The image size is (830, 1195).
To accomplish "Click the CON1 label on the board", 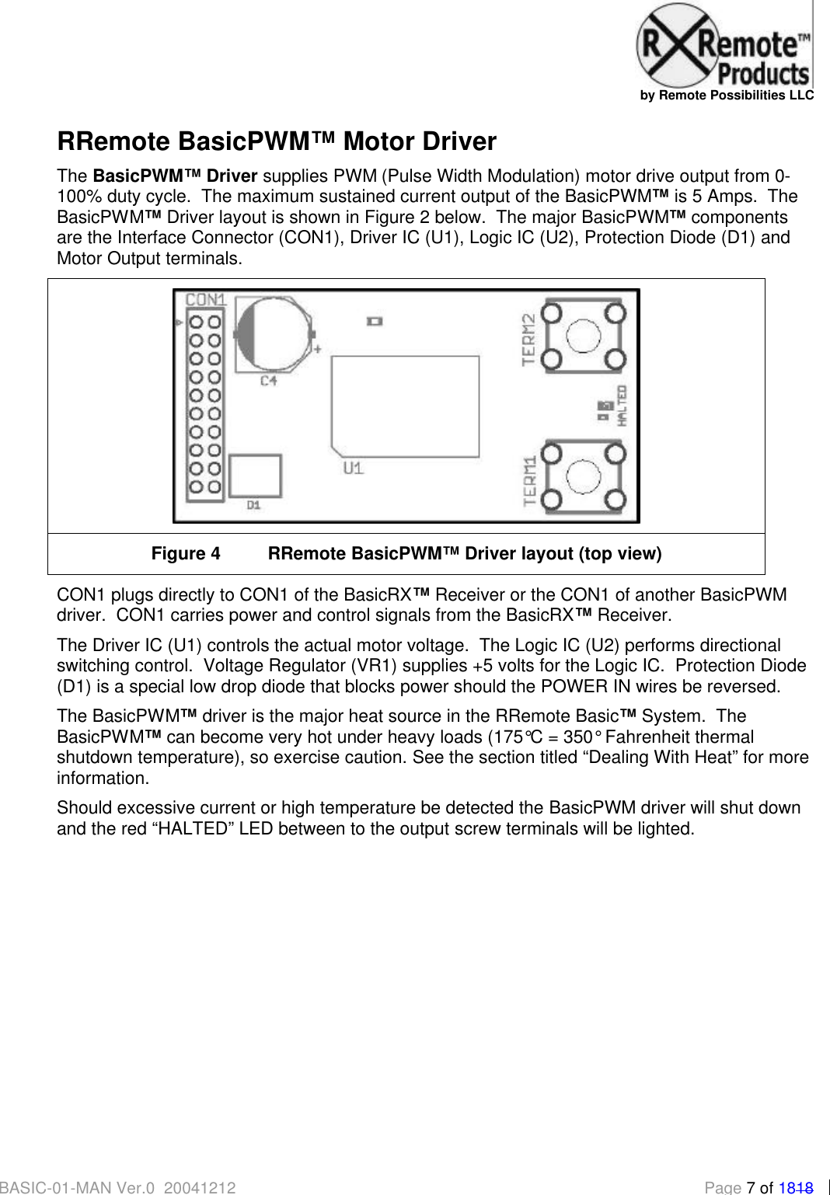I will (x=206, y=299).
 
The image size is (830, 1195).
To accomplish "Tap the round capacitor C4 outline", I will (x=274, y=333).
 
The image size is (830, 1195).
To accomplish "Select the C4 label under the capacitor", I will (x=269, y=381).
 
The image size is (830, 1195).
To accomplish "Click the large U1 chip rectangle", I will (x=405, y=406).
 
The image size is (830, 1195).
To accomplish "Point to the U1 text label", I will (x=354, y=468).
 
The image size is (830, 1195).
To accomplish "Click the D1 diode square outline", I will (x=255, y=476).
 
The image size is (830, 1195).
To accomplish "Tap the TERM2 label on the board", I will (x=529, y=340).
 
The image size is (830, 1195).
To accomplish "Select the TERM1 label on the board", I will (x=530, y=481).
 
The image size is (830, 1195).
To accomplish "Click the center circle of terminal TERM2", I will (x=584, y=336).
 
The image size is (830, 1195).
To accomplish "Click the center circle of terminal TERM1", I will (x=584, y=476).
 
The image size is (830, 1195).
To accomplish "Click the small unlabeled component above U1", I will (x=375, y=320).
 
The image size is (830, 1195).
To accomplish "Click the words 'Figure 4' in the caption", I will (x=186, y=553).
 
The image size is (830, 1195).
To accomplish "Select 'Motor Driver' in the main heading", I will (x=420, y=141).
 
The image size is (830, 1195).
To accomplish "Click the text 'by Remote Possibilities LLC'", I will (x=727, y=96).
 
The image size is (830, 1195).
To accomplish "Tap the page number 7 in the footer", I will (x=751, y=1187).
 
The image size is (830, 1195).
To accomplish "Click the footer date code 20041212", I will (x=200, y=1187).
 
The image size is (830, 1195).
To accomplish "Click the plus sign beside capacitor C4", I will (x=317, y=349).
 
